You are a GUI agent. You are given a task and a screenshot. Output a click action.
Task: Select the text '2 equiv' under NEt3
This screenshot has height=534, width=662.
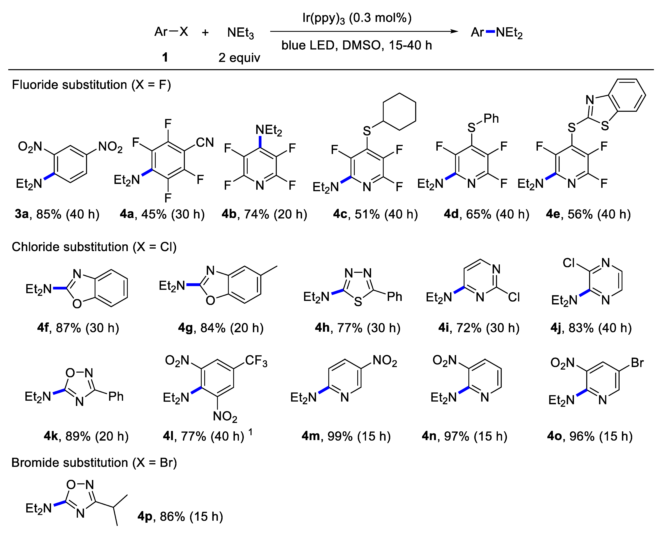tap(239, 58)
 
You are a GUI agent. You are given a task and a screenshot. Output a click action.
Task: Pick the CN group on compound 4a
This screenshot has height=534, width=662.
tap(205, 142)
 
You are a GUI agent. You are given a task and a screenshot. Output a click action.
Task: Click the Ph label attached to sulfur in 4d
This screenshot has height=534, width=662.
tap(491, 118)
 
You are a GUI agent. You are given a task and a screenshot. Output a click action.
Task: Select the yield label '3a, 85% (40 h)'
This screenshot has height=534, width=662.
tap(57, 214)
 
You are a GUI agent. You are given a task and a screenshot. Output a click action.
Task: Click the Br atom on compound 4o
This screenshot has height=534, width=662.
tap(637, 363)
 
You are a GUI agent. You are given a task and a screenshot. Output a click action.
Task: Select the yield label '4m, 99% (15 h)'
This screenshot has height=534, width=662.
tap(346, 436)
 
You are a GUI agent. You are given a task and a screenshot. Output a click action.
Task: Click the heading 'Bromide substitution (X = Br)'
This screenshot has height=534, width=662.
tap(94, 463)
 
